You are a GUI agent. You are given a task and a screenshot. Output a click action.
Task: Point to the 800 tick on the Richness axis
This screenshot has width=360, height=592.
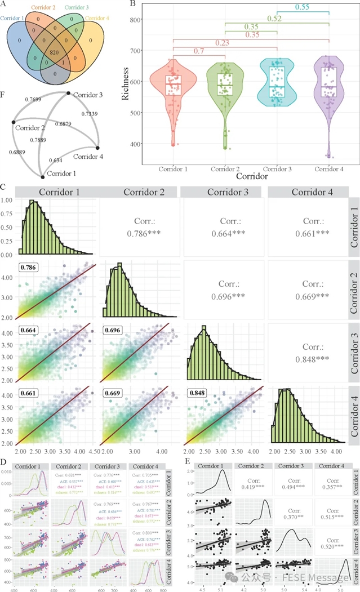coord(133,20)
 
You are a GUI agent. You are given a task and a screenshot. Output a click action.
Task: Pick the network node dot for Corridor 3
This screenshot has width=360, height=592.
coord(68,93)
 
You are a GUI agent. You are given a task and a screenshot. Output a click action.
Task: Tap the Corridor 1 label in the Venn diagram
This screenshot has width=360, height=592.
coord(12,18)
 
